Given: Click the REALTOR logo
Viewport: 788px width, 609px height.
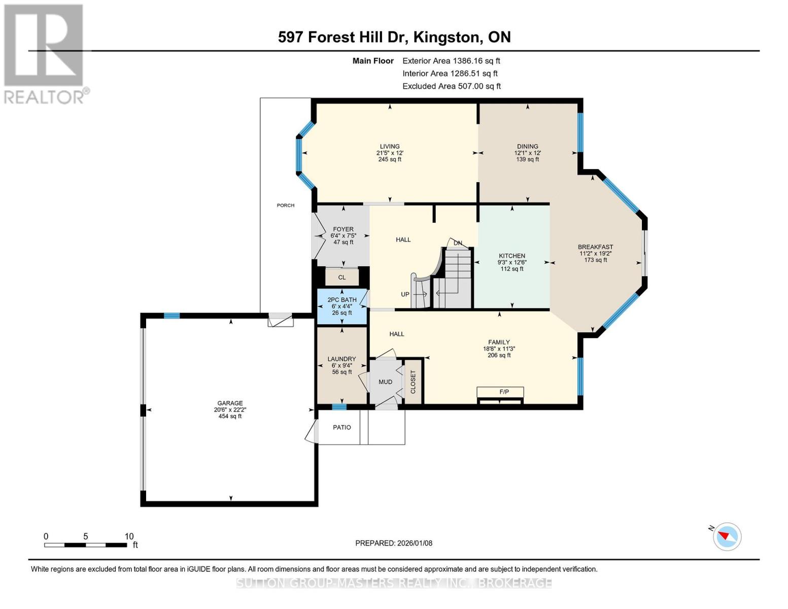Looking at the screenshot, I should click(x=45, y=53).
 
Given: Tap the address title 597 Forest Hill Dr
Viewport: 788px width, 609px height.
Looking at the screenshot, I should click(x=394, y=37).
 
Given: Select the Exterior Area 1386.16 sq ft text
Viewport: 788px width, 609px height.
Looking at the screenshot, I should click(x=451, y=61).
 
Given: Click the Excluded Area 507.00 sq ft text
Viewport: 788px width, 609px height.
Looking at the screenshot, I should click(x=451, y=86).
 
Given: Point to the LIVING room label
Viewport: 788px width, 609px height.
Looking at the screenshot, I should click(x=390, y=147).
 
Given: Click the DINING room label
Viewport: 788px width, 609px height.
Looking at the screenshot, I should click(x=527, y=147).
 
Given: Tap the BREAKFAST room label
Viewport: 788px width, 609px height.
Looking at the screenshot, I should click(x=595, y=247).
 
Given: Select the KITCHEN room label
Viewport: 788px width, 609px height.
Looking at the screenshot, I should click(x=511, y=256).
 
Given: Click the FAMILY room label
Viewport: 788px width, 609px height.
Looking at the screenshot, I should click(x=499, y=343).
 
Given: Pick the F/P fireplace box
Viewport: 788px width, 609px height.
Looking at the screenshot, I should click(x=504, y=392).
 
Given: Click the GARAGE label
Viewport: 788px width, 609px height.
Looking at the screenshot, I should click(x=230, y=403).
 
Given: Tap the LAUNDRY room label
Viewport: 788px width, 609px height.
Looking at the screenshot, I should click(x=341, y=359).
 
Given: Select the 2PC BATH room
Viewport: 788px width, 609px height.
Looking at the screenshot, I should click(x=341, y=306).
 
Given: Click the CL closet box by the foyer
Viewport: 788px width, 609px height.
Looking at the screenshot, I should click(x=341, y=278).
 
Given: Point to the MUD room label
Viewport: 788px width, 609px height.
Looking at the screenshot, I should click(x=385, y=382).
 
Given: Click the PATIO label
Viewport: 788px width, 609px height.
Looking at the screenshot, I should click(x=341, y=427).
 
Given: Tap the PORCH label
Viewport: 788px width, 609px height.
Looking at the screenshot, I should click(x=286, y=206).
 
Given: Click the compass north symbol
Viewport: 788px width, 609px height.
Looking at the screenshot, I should click(x=727, y=536).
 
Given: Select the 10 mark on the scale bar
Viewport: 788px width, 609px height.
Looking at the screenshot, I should click(x=129, y=536).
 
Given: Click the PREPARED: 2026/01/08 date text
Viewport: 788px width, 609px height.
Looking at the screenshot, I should click(x=394, y=543).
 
